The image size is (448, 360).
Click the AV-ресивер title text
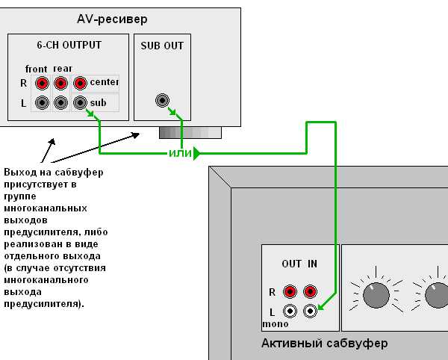(112, 19)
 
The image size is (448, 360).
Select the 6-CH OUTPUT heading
(69, 45)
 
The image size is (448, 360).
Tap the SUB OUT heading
(162, 46)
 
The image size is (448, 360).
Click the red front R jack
(42, 83)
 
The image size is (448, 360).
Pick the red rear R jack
(60, 83)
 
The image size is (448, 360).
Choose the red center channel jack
(80, 83)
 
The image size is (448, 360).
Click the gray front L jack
(42, 102)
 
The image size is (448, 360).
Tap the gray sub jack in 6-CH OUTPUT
(80, 102)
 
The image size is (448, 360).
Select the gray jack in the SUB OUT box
(162, 101)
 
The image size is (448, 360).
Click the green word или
(180, 153)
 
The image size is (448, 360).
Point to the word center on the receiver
(105, 82)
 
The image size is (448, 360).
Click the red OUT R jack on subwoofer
(290, 292)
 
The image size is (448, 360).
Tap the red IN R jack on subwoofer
(310, 292)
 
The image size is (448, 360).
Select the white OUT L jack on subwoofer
(290, 311)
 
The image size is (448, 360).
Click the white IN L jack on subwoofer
(310, 311)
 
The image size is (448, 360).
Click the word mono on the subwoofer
(276, 324)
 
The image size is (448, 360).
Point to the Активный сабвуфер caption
(325, 344)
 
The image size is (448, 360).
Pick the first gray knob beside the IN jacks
(376, 296)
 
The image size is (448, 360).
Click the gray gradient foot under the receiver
(190, 133)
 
